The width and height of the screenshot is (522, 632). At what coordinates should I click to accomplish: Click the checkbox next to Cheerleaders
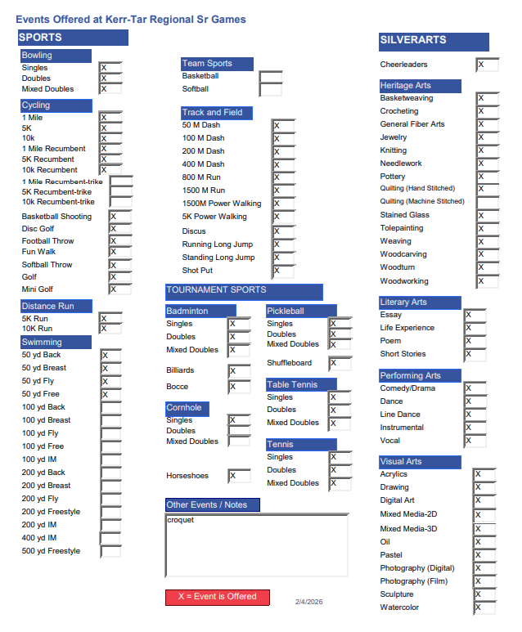[x=487, y=65]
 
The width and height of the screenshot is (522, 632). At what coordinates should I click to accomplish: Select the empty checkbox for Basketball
[x=270, y=77]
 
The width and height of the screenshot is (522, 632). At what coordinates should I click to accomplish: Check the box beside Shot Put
[x=283, y=271]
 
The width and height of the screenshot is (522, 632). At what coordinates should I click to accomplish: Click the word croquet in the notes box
[x=181, y=520]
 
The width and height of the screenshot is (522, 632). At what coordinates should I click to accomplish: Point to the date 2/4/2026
[x=309, y=602]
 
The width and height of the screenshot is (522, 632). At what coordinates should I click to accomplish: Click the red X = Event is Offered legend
[x=217, y=597]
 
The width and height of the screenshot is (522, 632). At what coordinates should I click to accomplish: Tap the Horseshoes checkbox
[x=239, y=476]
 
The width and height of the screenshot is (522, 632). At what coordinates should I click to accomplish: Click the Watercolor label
[x=399, y=607]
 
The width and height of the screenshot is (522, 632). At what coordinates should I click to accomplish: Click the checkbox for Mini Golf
[x=119, y=289]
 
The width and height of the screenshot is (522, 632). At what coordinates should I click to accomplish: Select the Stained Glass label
[x=404, y=215]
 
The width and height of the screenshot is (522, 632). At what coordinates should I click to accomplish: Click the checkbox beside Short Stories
[x=475, y=355]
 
